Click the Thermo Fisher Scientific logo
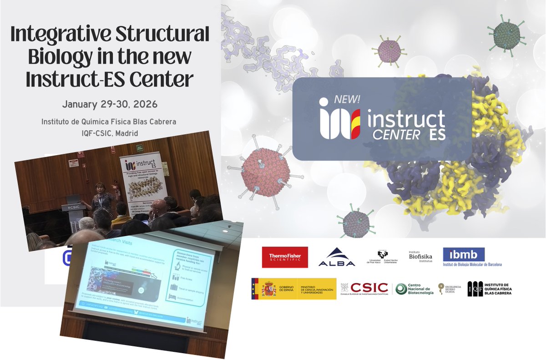pos(285,257)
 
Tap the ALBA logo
pos(337,257)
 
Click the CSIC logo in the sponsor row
pos(369,288)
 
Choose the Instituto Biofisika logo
pos(420,257)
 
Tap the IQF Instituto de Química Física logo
pos(490,289)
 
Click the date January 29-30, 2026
pos(110,104)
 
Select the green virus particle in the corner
pos(506,34)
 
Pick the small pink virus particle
pos(386,51)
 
